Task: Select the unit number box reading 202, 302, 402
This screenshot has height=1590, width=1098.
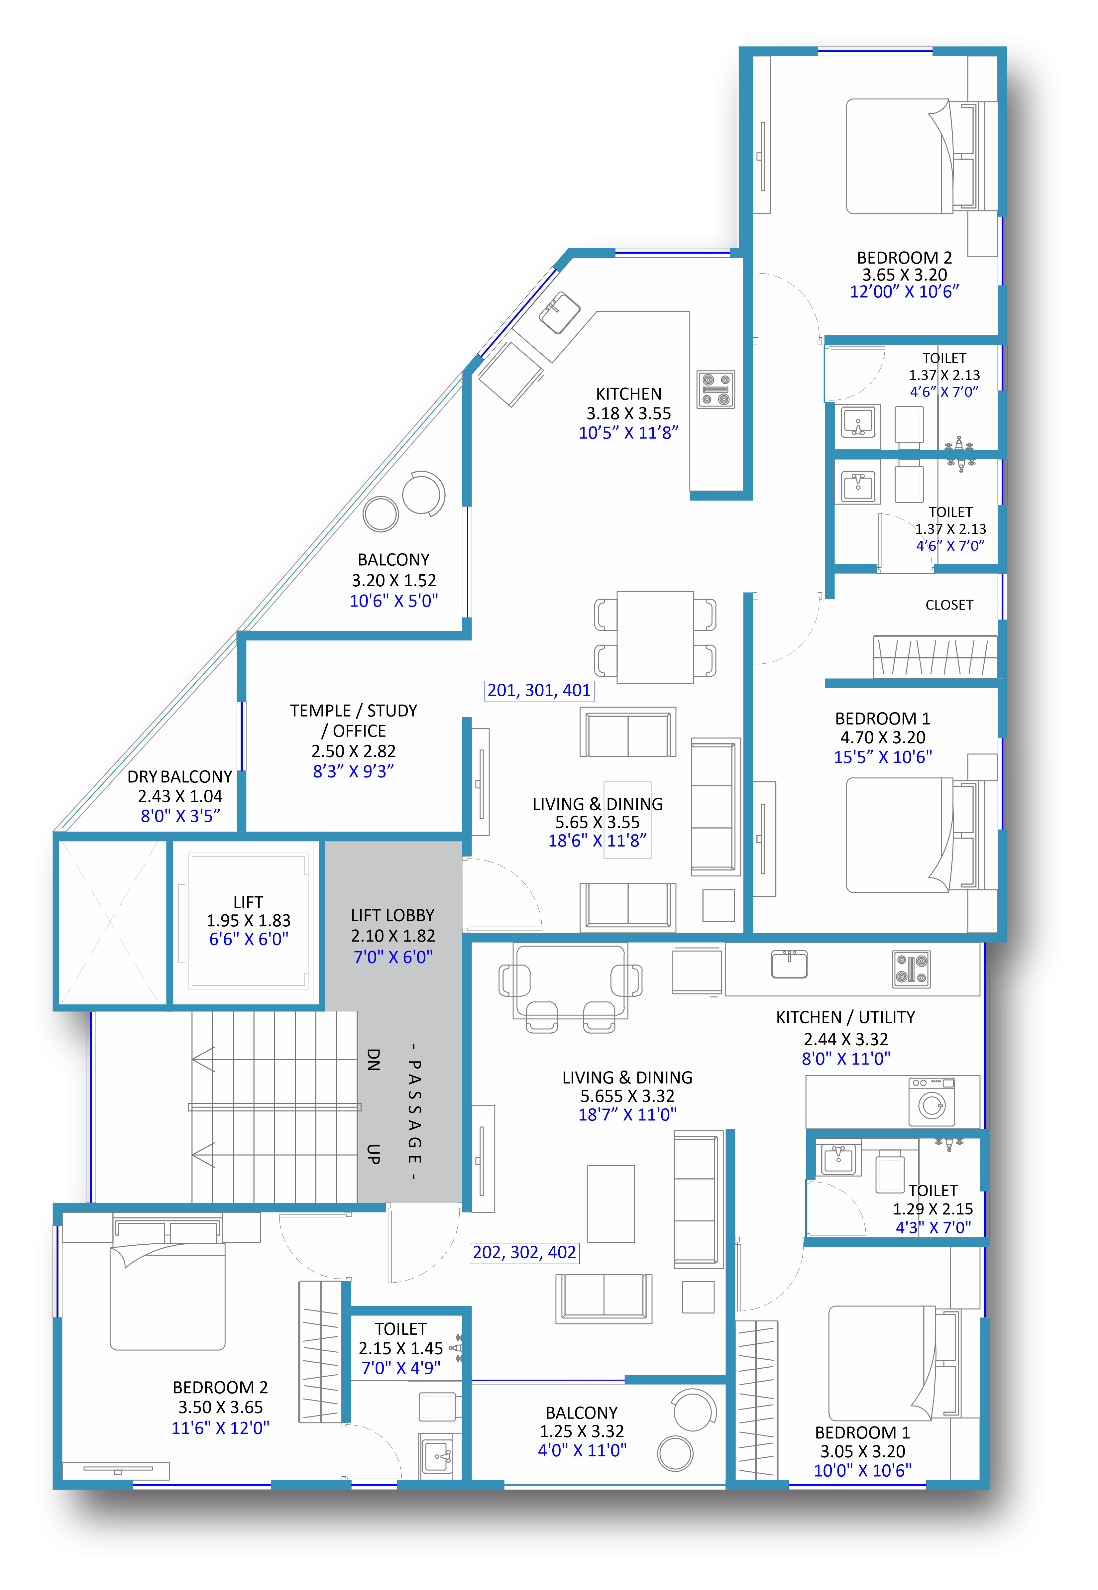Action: click(524, 1252)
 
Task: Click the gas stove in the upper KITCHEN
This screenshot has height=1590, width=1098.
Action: click(715, 390)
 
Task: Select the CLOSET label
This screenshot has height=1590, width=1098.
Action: click(949, 605)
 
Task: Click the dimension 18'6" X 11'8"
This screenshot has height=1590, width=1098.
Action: click(597, 841)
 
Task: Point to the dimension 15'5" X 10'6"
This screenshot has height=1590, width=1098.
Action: click(883, 757)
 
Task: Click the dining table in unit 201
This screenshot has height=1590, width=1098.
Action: click(655, 637)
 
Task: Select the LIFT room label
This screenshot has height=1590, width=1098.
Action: click(248, 902)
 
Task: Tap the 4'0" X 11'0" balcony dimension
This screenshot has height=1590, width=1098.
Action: click(582, 1450)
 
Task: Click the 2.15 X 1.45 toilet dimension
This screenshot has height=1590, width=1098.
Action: click(400, 1348)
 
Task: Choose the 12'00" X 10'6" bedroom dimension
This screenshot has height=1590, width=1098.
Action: click(904, 292)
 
